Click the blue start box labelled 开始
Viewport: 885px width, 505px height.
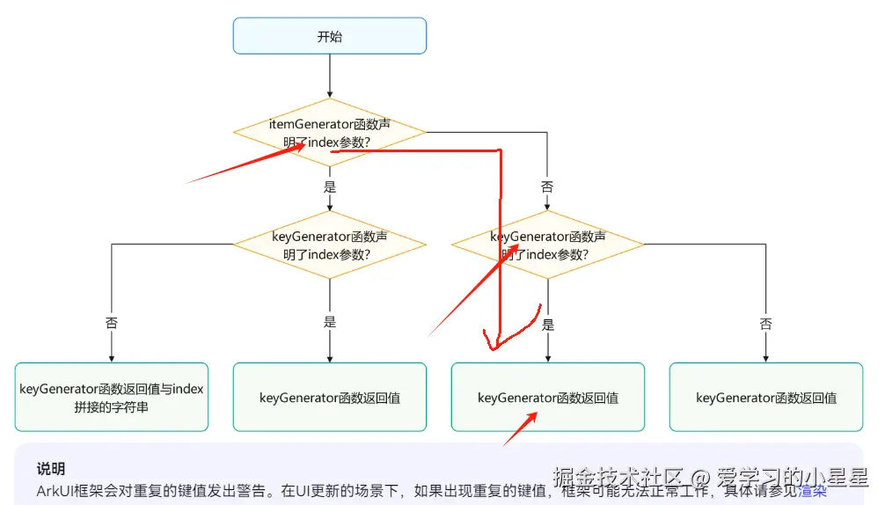coord(329,36)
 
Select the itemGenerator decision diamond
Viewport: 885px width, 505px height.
coord(329,133)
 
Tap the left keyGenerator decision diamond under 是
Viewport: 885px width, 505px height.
coord(329,245)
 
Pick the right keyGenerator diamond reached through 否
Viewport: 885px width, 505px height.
coord(547,245)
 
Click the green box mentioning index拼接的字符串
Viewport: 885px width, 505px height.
coord(112,398)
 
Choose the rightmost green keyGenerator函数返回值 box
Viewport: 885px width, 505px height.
coord(765,398)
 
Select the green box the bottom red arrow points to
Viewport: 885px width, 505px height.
coord(547,398)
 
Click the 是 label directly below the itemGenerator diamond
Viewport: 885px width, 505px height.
coord(330,187)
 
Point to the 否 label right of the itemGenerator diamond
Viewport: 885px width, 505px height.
coord(547,187)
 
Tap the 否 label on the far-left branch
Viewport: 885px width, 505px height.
coord(112,323)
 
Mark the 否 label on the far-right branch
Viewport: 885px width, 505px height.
coord(765,324)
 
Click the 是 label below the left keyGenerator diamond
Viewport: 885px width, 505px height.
coord(330,322)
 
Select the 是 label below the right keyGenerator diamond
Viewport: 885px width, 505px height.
coord(548,325)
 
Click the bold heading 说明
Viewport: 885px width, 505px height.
coord(51,469)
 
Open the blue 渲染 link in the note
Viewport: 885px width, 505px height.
coord(812,491)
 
